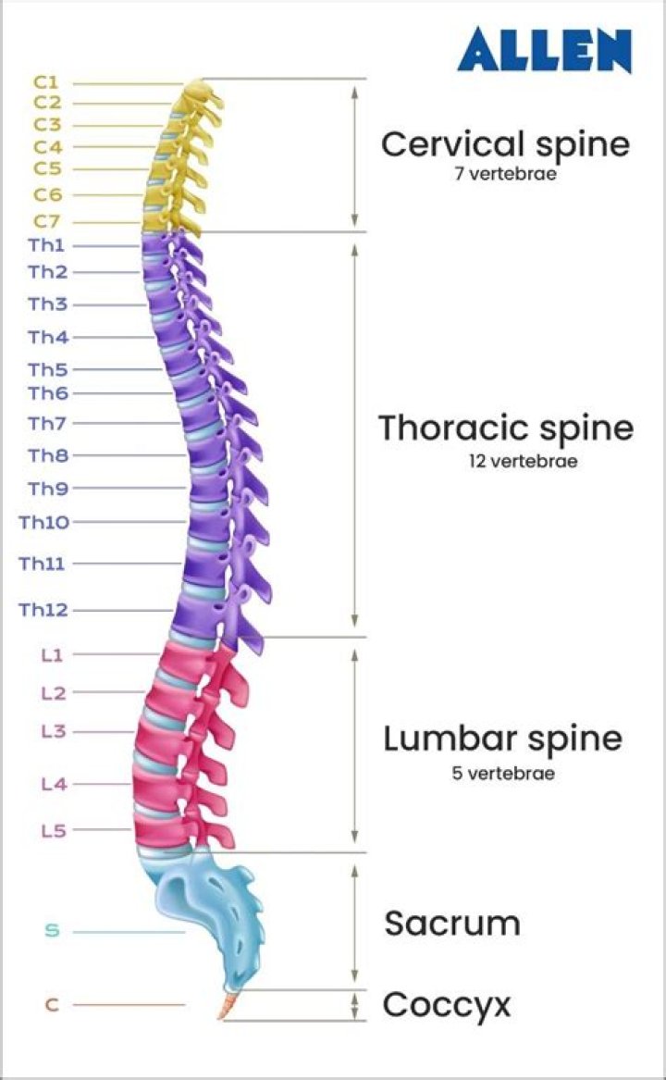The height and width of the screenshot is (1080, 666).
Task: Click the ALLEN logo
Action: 545,50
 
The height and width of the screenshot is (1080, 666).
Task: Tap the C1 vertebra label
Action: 47,82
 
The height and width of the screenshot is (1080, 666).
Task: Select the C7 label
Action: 47,221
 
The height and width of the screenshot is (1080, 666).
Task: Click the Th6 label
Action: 47,393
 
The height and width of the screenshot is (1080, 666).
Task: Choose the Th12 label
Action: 43,610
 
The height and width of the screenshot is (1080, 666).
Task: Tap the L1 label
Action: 51,655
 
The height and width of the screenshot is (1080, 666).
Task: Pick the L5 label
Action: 53,830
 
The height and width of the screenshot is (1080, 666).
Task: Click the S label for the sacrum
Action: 52,931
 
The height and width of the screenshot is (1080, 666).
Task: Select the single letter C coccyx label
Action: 52,1004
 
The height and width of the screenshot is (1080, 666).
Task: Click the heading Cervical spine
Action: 505,144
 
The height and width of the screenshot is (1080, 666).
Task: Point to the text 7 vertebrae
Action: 505,173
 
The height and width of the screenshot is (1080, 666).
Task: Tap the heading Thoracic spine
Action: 506,428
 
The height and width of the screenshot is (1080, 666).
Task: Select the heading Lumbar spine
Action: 502,739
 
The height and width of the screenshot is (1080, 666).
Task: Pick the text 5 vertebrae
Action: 503,773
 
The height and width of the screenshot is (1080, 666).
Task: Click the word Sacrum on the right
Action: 452,924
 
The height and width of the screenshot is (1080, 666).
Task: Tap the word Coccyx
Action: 447,1004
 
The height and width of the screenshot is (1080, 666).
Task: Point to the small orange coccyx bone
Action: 227,1005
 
